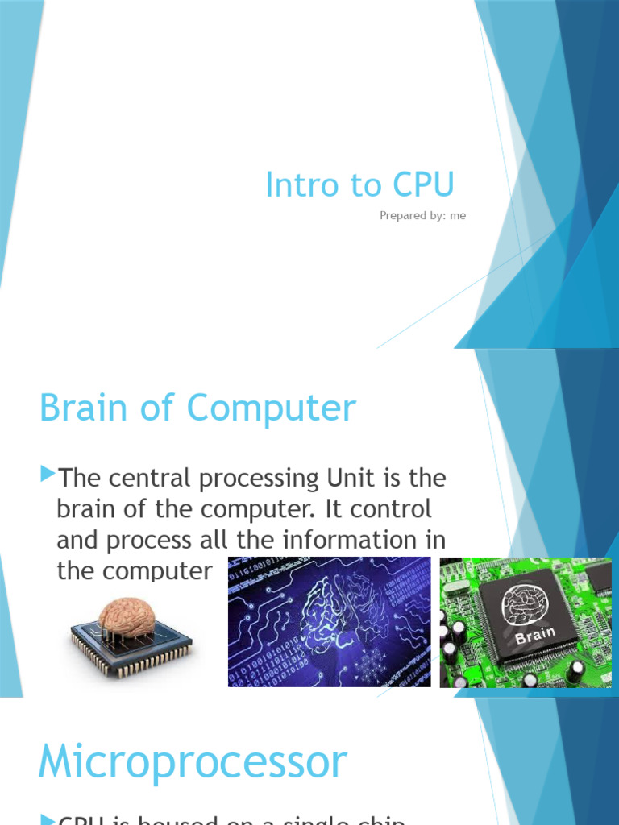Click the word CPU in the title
pos(424,185)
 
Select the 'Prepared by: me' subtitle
pos(422,216)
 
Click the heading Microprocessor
pos(193,761)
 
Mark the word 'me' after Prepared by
pos(458,216)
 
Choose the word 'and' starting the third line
pos(79,540)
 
